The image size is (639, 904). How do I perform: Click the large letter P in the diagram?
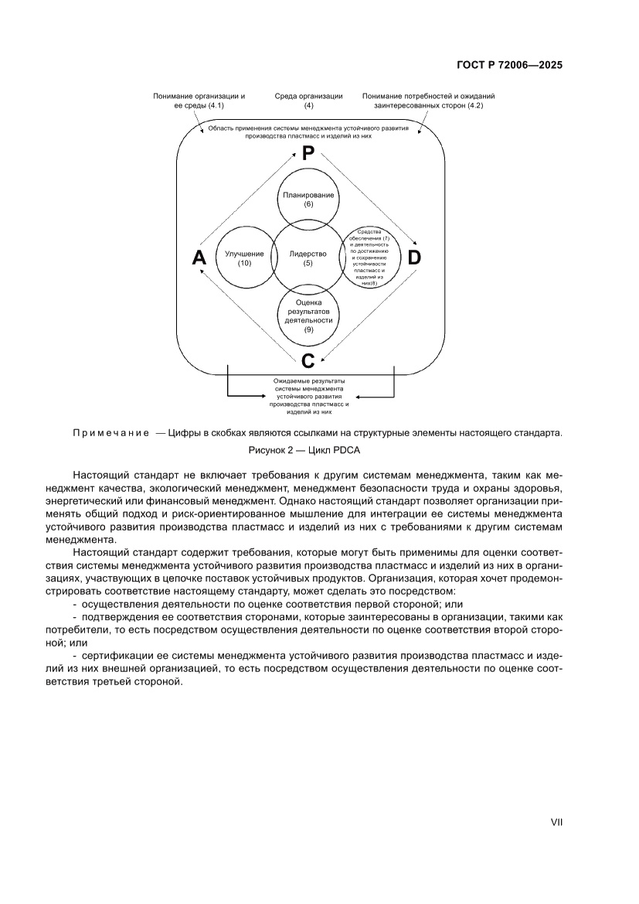tap(308, 154)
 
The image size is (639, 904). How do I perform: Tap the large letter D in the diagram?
tap(414, 258)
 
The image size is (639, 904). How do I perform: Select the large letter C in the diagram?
tap(308, 360)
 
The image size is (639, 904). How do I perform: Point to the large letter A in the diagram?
tap(199, 259)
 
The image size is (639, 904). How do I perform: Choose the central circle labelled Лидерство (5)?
tap(308, 258)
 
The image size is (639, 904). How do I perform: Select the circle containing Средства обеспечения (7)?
tap(372, 257)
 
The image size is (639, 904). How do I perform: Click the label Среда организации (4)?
tap(308, 101)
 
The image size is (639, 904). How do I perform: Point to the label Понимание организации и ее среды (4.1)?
tap(199, 101)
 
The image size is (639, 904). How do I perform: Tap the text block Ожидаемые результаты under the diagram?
tap(309, 397)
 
